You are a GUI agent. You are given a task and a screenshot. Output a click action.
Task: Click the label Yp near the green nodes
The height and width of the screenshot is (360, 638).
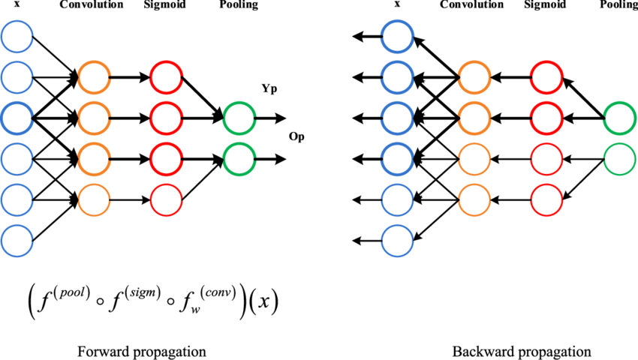pyautogui.click(x=268, y=89)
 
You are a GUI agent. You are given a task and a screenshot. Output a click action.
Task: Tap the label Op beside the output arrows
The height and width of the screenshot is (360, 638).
pyautogui.click(x=298, y=137)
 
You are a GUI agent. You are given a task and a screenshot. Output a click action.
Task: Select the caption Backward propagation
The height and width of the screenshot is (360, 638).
pyautogui.click(x=522, y=351)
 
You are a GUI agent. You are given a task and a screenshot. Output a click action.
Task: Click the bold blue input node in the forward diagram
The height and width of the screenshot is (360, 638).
pyautogui.click(x=17, y=117)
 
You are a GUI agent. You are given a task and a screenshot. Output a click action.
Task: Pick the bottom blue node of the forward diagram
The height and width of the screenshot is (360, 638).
pyautogui.click(x=17, y=241)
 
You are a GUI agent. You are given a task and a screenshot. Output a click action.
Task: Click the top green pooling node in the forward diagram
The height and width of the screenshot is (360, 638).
pyautogui.click(x=239, y=118)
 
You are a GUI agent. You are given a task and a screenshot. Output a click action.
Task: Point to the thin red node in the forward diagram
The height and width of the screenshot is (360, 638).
pyautogui.click(x=167, y=199)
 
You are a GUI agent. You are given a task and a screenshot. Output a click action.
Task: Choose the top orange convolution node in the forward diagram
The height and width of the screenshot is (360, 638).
pyautogui.click(x=94, y=76)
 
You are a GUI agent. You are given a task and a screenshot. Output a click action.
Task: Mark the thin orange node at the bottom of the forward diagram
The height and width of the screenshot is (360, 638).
pyautogui.click(x=94, y=199)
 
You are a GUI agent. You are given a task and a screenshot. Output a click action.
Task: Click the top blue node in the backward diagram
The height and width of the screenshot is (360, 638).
pyautogui.click(x=397, y=34)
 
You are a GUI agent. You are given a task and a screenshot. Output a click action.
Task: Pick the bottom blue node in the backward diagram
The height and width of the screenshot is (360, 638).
pyautogui.click(x=397, y=241)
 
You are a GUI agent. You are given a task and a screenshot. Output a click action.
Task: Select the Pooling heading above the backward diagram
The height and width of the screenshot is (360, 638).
pyautogui.click(x=620, y=4)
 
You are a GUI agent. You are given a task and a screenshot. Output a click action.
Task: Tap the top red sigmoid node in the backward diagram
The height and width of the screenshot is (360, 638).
pyautogui.click(x=546, y=76)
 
